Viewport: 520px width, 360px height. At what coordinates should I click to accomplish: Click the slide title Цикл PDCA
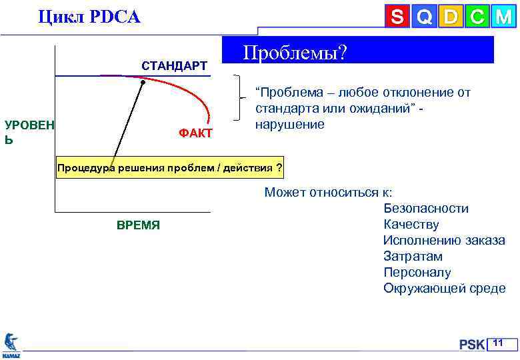(x=89, y=17)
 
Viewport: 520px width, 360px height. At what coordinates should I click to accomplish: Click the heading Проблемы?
(x=295, y=52)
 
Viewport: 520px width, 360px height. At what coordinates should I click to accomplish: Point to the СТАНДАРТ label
(x=174, y=66)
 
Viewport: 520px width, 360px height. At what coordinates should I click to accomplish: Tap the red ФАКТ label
(x=195, y=134)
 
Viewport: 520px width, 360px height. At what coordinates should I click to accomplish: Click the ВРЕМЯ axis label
(x=138, y=225)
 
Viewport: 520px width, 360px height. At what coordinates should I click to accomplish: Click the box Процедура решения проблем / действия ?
(x=169, y=167)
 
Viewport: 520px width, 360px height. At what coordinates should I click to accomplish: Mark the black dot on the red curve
(x=143, y=82)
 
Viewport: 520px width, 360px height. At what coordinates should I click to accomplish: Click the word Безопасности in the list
(x=426, y=209)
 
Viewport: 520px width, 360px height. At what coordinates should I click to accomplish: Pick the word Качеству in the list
(x=411, y=225)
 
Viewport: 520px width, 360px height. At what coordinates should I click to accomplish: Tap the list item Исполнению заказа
(x=444, y=241)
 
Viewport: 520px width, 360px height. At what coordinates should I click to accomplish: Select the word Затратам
(x=413, y=257)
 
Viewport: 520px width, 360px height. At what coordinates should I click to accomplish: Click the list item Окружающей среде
(x=444, y=289)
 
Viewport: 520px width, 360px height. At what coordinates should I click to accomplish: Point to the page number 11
(x=498, y=343)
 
